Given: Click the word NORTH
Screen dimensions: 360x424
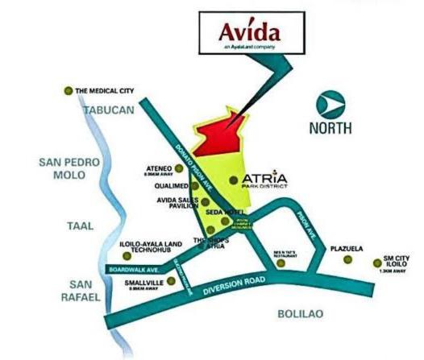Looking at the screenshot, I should click(x=330, y=127).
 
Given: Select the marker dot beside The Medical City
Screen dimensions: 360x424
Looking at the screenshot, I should click(x=69, y=91).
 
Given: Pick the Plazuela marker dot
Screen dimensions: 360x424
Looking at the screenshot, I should click(x=347, y=259).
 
